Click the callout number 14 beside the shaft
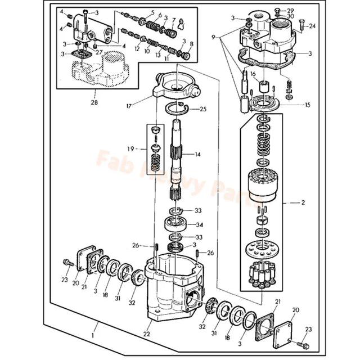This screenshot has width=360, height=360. pos(197,154)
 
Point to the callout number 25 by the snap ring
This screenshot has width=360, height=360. pos(203,109)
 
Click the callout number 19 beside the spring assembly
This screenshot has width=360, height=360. pos(130,149)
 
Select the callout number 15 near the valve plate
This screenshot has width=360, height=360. pos(307,105)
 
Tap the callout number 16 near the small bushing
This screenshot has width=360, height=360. pos(253,73)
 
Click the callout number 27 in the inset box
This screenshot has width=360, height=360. pos(98,51)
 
